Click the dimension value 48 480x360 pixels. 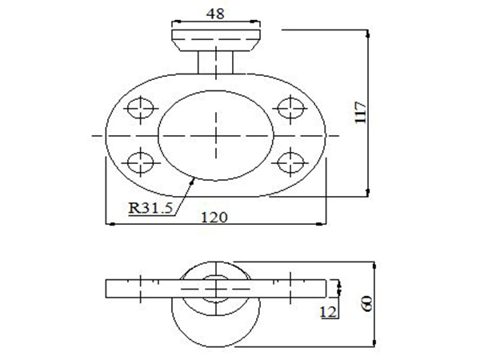pos(215,14)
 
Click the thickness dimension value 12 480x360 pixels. pos(328,311)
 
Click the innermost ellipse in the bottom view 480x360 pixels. pos(215,286)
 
